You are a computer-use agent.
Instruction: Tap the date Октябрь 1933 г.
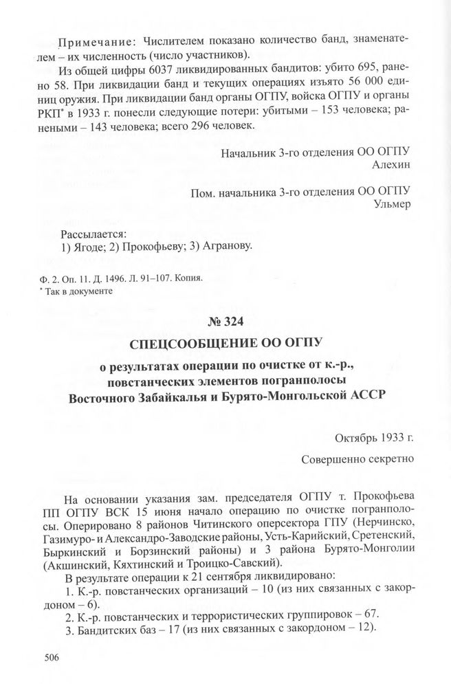[x=373, y=437]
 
